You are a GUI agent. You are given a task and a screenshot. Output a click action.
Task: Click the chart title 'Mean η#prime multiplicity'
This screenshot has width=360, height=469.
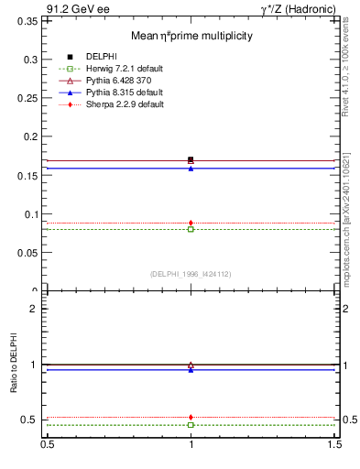click(x=191, y=36)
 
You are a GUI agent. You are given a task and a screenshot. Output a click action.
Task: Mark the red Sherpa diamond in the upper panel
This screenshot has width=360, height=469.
click(x=191, y=223)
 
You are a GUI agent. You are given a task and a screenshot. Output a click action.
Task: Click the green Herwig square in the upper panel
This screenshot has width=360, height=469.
click(x=191, y=229)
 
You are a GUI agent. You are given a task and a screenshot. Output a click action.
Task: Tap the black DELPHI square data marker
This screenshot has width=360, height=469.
click(x=191, y=159)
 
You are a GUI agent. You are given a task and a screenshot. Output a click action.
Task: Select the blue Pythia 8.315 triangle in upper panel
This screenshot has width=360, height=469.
click(x=191, y=169)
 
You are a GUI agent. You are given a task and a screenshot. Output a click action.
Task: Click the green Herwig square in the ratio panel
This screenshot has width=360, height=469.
click(x=191, y=425)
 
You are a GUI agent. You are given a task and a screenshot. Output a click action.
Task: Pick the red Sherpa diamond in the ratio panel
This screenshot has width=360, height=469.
click(x=191, y=417)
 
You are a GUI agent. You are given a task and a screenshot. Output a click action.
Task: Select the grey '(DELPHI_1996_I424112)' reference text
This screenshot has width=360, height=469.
click(x=191, y=273)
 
